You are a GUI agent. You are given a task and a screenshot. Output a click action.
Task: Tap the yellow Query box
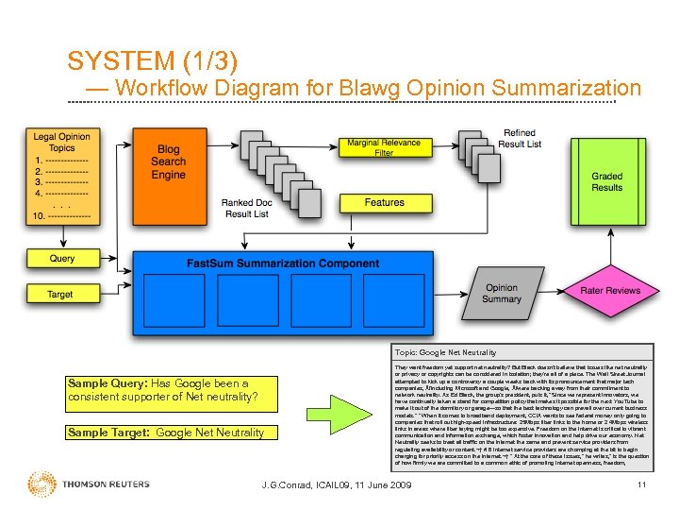(x=62, y=258)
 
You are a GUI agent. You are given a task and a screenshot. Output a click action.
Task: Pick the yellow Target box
(x=62, y=295)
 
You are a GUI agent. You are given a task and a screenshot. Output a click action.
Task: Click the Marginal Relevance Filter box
(x=384, y=147)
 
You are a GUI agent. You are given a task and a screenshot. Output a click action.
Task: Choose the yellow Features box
(x=384, y=202)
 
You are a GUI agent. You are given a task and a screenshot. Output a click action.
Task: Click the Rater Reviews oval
(x=610, y=291)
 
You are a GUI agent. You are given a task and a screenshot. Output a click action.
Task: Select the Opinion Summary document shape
(x=502, y=293)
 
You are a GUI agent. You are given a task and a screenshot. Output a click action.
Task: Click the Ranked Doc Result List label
(x=246, y=209)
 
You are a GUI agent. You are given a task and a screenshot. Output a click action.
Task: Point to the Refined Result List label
(x=520, y=139)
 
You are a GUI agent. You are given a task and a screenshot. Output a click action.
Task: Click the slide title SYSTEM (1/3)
(x=152, y=61)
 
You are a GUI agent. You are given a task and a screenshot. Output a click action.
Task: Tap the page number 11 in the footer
(x=641, y=485)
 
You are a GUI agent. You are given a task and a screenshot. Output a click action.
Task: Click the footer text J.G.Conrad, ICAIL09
(x=336, y=485)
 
